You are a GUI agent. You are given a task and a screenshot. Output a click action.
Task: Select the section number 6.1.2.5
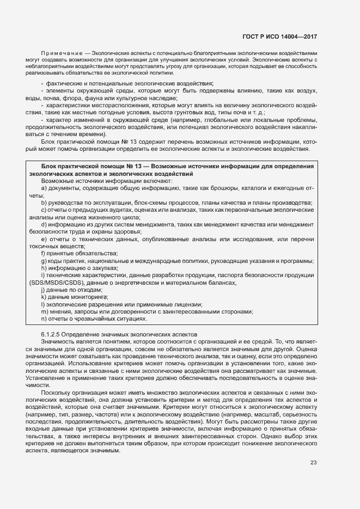coord(50,333)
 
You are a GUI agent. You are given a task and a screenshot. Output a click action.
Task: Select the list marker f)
coord(43,254)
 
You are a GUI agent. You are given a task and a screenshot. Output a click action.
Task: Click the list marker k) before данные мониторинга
coord(43,297)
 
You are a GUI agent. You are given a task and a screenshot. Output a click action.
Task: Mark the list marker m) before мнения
coord(44,312)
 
